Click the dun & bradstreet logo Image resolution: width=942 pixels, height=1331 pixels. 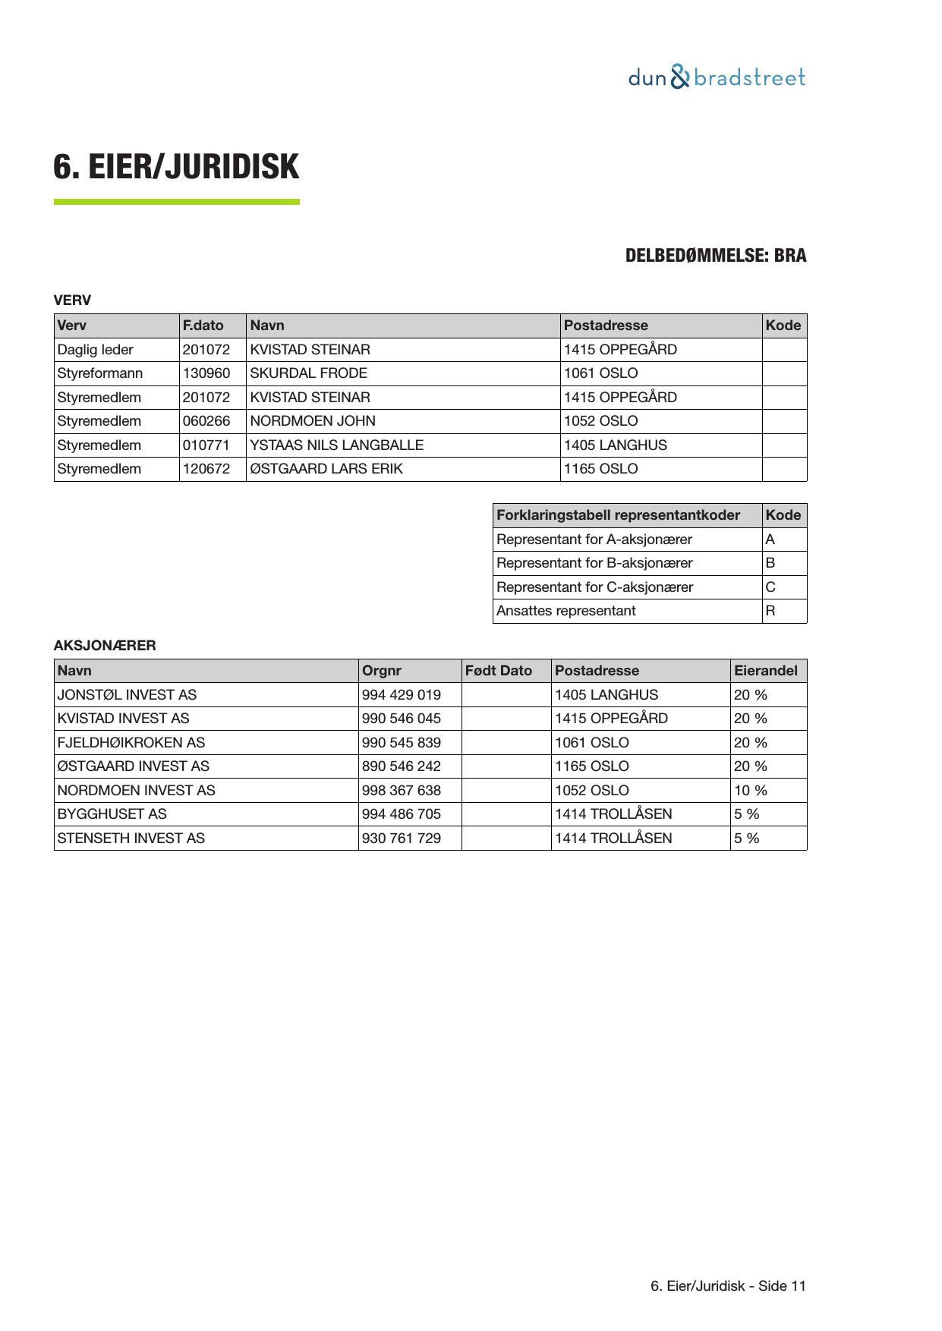pos(717,77)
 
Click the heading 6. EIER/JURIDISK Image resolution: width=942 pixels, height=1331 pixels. pos(176,167)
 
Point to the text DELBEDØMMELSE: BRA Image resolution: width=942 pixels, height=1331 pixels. pos(715,256)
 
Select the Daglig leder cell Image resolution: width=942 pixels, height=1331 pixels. pos(96,350)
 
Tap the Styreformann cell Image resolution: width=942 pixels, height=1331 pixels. pos(100,373)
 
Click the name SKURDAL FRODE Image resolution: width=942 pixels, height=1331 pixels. pos(308,373)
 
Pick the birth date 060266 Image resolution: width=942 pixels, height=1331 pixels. pos(206,421)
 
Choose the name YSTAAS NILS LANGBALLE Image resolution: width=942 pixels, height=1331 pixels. pos(336,445)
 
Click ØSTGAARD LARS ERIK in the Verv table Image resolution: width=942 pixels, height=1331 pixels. pos(326,469)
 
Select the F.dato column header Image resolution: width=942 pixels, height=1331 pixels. pos(203,326)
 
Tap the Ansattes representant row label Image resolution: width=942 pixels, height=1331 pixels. pos(566,611)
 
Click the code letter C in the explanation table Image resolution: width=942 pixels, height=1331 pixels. pos(770,587)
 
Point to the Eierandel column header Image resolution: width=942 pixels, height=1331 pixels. pos(766,671)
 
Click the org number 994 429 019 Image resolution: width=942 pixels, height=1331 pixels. pos(402,695)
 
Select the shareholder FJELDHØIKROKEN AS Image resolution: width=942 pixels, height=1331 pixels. pos(131,743)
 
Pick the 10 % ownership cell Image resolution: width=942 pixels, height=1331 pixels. pos(751,791)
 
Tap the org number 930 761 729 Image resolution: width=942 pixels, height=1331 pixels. pos(402,839)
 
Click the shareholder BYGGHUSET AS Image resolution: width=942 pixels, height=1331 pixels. pos(112,814)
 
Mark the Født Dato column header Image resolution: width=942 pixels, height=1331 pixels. pos(499,671)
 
